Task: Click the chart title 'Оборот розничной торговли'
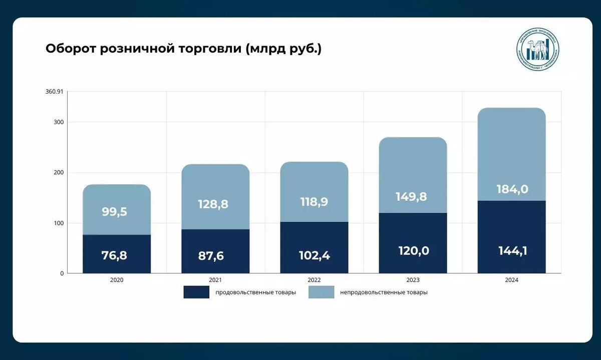[x=183, y=49]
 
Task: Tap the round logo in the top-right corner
[x=538, y=50]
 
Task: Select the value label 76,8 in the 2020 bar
[x=115, y=255]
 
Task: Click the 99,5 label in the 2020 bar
[x=115, y=211]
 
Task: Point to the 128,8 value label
[x=213, y=204]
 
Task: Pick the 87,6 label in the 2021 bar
[x=211, y=256]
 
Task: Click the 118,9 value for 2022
[x=314, y=202]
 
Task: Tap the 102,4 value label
[x=314, y=255]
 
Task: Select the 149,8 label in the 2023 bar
[x=411, y=196]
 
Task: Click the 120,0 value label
[x=414, y=251]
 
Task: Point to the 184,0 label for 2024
[x=512, y=189]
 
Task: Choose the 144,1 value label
[x=512, y=251]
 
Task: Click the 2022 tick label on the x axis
[x=314, y=280]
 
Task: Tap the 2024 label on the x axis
[x=512, y=280]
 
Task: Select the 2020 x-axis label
[x=117, y=280]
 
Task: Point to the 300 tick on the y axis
[x=59, y=122]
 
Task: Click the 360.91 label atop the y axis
[x=54, y=92]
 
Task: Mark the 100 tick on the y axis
[x=59, y=223]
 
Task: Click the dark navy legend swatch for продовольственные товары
[x=196, y=292]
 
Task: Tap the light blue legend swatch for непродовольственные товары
[x=321, y=292]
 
